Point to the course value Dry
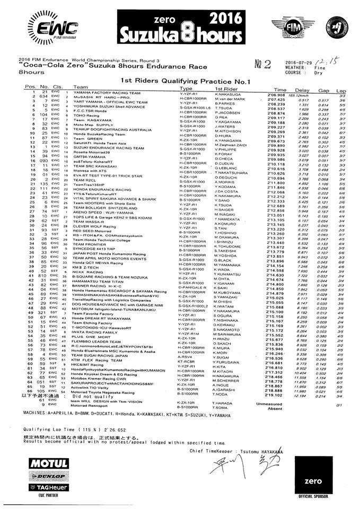click(320, 73)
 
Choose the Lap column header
click(342, 90)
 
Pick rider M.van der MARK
click(231, 99)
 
